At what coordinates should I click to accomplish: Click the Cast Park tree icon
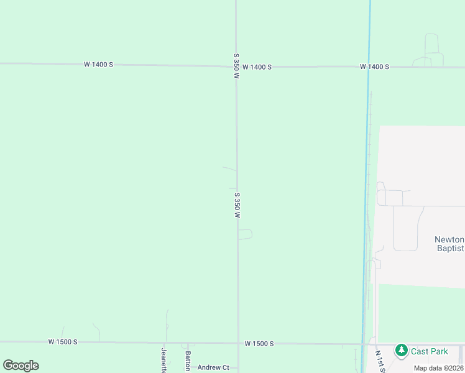pos(402,351)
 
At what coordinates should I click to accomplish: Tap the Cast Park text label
pos(429,351)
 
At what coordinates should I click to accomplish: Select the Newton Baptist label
pos(449,244)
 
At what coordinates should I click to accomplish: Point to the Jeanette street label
pos(164,360)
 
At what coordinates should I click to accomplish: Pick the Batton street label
pos(187,361)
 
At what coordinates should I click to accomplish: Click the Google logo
pos(21,365)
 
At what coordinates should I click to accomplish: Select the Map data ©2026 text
pos(438,368)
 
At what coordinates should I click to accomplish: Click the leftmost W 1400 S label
pos(98,65)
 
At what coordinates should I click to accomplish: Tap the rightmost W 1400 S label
pos(374,67)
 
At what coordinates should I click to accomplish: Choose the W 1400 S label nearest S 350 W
pos(257,67)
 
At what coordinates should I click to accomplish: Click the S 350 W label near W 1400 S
pos(236,65)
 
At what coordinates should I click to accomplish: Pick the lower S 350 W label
pos(237,205)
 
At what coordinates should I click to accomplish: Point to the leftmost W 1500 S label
pos(63,342)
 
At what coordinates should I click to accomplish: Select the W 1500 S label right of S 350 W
pos(259,343)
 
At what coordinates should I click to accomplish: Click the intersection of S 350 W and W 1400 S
pos(236,66)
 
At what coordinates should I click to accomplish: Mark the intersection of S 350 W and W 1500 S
pos(237,343)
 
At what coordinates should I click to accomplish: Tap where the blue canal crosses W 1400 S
pos(369,67)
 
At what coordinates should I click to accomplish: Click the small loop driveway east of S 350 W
pos(246,234)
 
